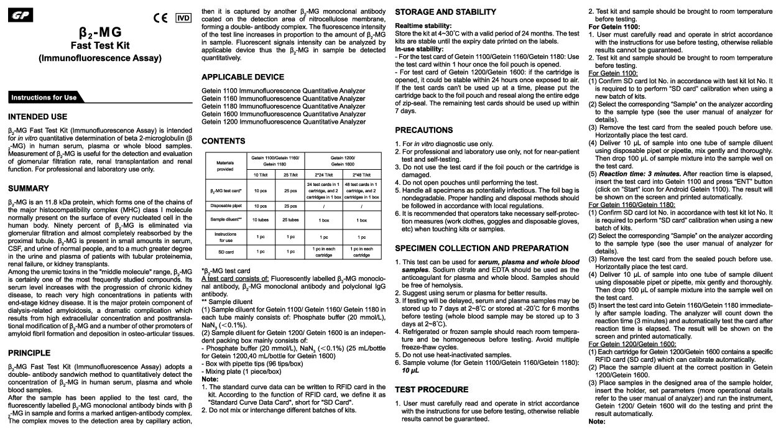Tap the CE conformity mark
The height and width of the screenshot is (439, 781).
point(161,17)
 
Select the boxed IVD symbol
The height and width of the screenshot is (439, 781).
point(183,17)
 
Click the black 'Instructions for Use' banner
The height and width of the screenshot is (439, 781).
point(44,98)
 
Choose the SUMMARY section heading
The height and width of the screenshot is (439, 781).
point(29,188)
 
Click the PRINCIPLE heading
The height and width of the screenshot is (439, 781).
point(30,353)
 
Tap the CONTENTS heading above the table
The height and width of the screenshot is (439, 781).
point(223,141)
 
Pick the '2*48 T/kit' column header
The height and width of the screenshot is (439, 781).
point(361,175)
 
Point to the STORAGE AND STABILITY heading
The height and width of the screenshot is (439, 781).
point(445,12)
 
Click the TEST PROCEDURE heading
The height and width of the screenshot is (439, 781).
point(432,389)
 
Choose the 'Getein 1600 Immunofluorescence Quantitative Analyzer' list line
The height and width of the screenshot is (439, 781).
point(284,114)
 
